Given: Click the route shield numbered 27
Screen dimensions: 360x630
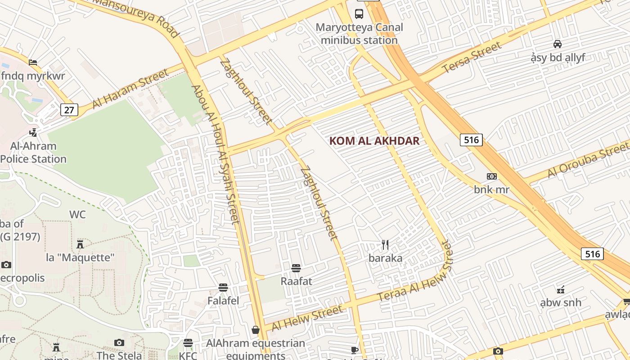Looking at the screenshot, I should pos(69,110).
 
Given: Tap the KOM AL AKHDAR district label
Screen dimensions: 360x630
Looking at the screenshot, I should pos(374,141).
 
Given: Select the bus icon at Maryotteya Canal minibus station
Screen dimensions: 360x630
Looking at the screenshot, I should pos(359,13).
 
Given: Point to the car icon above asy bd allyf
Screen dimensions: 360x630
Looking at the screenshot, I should pos(558,44).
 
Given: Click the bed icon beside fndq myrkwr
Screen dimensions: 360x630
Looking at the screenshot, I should pos(33,63).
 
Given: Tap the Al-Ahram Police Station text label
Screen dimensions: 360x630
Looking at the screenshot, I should pos(34,153).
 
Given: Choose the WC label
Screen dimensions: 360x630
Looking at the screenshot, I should pos(77,215).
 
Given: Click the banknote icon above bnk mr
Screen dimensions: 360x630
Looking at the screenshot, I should pos(491,176).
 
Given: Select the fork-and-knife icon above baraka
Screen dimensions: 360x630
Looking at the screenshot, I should pos(385,245).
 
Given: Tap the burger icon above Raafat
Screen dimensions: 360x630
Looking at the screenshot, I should pos(296,268).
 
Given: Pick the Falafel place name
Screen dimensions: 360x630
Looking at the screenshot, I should pos(223,301).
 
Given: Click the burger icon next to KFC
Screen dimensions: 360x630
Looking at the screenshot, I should pos(188,343).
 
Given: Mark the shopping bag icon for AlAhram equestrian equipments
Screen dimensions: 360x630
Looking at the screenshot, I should pos(256,330).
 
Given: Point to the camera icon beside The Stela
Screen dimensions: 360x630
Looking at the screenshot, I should pos(119,343).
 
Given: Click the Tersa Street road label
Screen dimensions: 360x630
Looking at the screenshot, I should pos(472,58).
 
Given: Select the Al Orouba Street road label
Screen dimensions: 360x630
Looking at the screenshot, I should pos(588,160).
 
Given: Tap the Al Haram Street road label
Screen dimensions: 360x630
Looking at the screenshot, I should pos(130,89).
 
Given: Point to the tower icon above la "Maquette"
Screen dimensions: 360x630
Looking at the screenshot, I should pos(80,244).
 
